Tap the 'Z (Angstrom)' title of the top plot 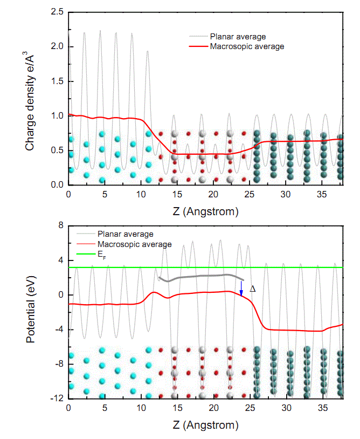205,211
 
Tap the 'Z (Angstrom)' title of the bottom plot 205,425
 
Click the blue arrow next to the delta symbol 241,289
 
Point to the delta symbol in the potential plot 253,289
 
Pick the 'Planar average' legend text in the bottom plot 125,234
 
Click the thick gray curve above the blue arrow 205,277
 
